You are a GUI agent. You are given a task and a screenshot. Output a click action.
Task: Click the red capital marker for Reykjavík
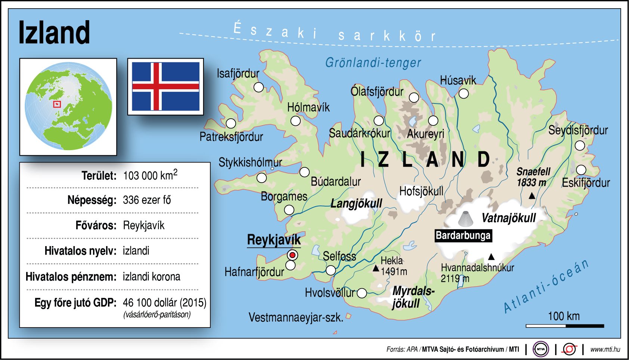point(292,255)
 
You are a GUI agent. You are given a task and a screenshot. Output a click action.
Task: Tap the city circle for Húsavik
point(464,93)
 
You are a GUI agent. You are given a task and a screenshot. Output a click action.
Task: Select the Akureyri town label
point(425,134)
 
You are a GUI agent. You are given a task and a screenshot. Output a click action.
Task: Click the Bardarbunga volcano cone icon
point(465,219)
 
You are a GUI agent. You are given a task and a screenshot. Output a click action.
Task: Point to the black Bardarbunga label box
point(463,236)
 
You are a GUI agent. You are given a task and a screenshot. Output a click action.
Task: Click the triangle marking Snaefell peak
point(532,196)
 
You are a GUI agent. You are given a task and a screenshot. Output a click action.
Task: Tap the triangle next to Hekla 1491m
point(376,269)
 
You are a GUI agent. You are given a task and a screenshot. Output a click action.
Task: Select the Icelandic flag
point(165,86)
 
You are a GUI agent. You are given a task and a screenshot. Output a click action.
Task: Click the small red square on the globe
point(57,104)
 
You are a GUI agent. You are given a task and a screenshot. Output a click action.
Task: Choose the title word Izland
point(54,33)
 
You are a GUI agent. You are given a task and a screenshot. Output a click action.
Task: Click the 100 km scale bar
point(565,326)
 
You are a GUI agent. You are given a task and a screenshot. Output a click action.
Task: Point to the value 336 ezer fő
point(147,200)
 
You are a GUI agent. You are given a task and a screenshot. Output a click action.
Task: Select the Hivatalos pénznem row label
point(71,277)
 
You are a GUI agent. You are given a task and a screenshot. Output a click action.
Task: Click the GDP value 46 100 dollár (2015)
point(164,302)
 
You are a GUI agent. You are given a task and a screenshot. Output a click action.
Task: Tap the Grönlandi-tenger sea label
point(373,63)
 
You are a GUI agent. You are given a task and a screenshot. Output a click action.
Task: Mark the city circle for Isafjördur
point(258,87)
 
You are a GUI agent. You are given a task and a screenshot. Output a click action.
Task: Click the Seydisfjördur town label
point(578,130)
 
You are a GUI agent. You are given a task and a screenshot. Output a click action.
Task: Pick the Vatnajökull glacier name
point(509,218)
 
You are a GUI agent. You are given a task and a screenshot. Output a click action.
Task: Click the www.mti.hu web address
point(605,350)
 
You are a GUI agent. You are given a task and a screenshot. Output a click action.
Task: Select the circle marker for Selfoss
point(331,270)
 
